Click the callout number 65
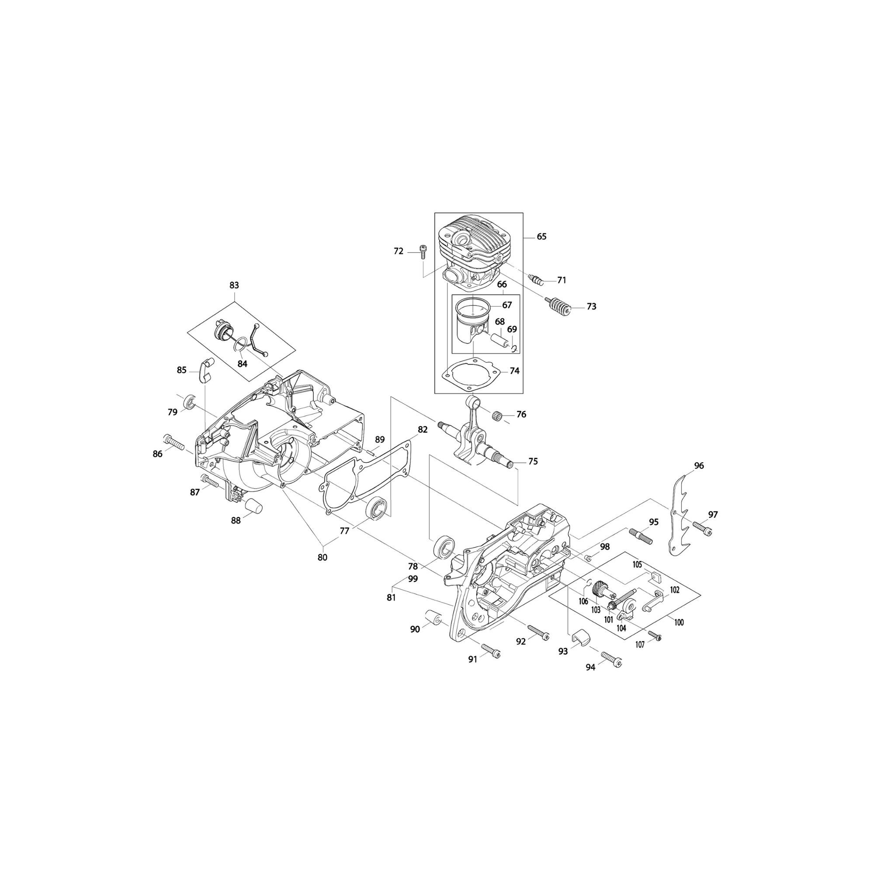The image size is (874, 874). pyautogui.click(x=541, y=236)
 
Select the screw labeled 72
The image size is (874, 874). pyautogui.click(x=423, y=250)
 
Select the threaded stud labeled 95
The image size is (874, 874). pyautogui.click(x=640, y=536)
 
